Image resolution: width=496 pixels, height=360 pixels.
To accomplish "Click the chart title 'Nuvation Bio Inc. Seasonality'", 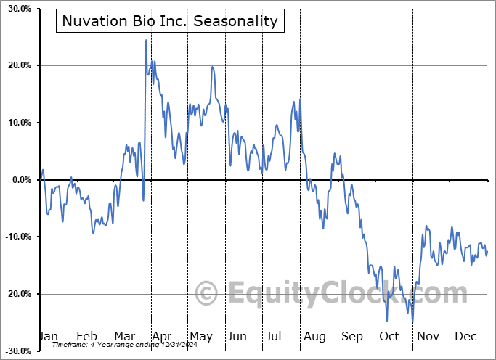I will point(170,21).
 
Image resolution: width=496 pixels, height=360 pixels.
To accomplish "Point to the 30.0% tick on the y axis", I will point(17,9).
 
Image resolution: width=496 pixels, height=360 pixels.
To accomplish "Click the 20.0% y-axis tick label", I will point(17,66).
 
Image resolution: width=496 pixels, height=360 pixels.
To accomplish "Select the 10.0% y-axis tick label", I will point(17,123).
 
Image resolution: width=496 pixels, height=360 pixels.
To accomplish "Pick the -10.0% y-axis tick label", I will point(16,237).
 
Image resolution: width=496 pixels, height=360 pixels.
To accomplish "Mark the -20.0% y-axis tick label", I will point(16,294).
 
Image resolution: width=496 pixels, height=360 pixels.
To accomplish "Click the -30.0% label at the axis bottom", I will point(16,351).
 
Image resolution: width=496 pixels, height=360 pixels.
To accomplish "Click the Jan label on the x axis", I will point(47,336).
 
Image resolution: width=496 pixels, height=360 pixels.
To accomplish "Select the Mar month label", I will point(124,336).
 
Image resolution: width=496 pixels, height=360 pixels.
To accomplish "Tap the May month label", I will point(200,336).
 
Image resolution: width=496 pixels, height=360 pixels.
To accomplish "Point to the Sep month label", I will point(352,336).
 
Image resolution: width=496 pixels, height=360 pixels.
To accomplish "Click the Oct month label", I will point(389,336).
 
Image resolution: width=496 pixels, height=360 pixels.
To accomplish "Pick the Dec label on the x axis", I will point(465,336).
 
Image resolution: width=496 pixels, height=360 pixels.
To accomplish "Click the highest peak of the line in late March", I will point(146,40).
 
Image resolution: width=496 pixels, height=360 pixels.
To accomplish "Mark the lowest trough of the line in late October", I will point(412,322).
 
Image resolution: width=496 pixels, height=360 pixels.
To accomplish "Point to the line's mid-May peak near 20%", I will point(212,67).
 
